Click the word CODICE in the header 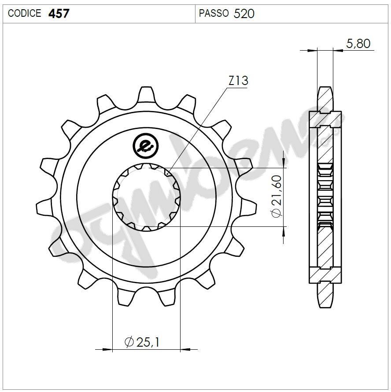25,14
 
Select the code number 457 58,14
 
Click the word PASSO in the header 214,14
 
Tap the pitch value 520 244,14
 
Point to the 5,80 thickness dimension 358,43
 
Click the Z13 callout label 238,81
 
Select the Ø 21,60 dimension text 277,197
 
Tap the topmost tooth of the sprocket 146,94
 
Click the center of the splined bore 146,197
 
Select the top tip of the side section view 325,88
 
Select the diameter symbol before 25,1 129,342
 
